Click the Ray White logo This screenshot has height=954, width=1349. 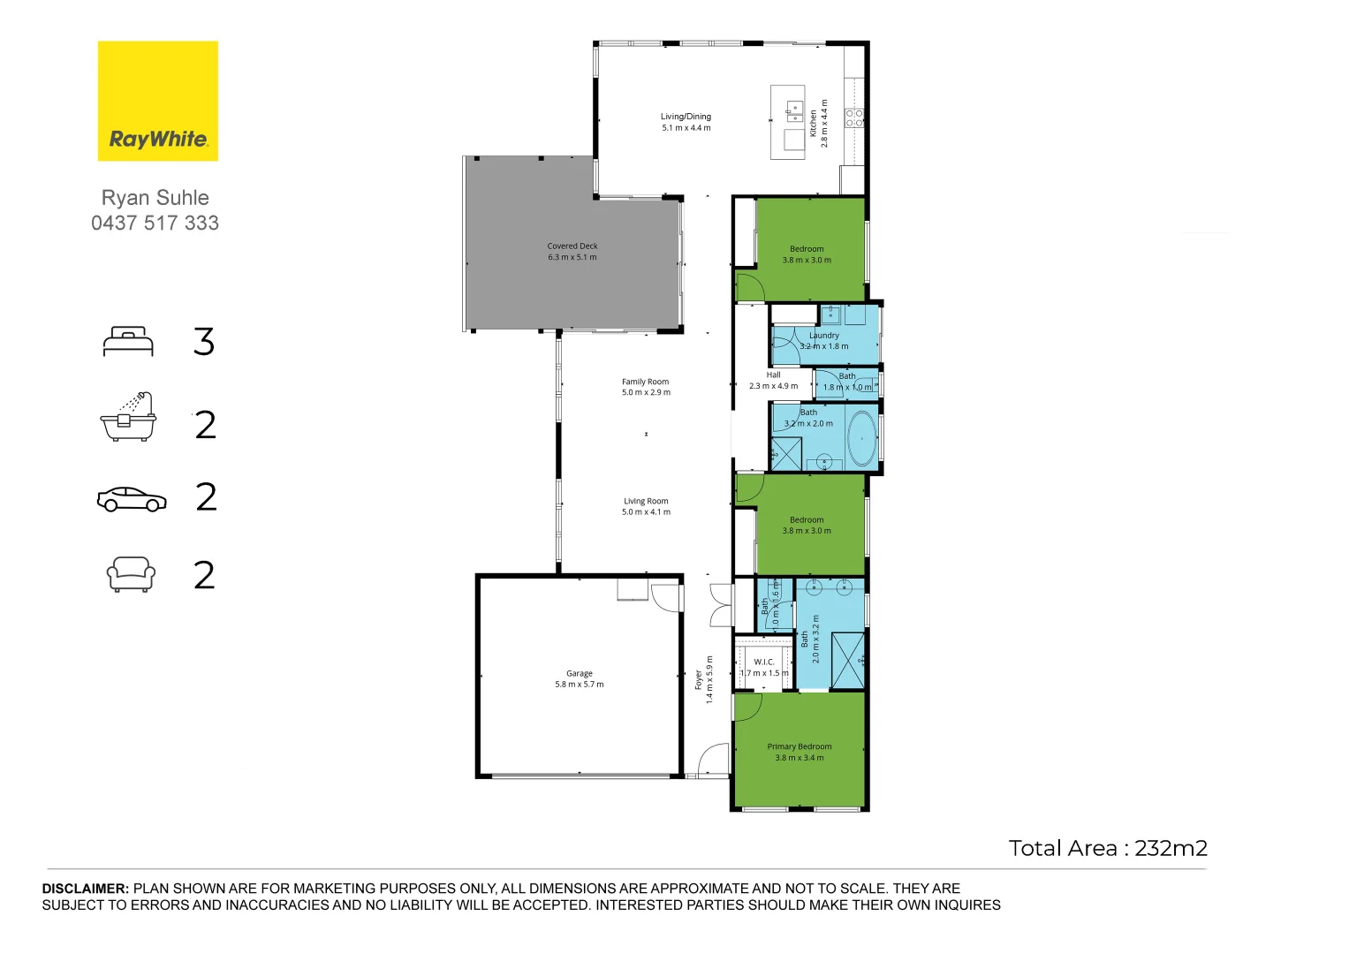coord(157,101)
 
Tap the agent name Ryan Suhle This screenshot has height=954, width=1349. coord(155,198)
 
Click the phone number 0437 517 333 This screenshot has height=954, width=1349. coord(155,223)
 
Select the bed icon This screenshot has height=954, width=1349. coord(128,342)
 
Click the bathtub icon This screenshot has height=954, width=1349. coord(128,418)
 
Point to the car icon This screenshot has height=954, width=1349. coord(132,499)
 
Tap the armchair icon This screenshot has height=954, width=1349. coord(131,574)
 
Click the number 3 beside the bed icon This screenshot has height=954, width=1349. coord(204,342)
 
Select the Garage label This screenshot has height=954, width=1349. coord(580,673)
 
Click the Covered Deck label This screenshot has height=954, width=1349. coord(572,246)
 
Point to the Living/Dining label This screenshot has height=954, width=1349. coord(686,117)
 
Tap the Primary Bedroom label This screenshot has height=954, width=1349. coord(800,746)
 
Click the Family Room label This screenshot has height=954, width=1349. coord(646,382)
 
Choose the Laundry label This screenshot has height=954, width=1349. coord(824,336)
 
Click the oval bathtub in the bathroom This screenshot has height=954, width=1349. coord(861,439)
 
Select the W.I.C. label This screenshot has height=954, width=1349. coord(764,662)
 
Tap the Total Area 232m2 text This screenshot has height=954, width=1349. coord(1108,849)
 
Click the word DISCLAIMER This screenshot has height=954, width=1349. coord(86,889)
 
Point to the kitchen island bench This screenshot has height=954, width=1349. coord(788,122)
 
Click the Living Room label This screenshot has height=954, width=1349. coord(646,501)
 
